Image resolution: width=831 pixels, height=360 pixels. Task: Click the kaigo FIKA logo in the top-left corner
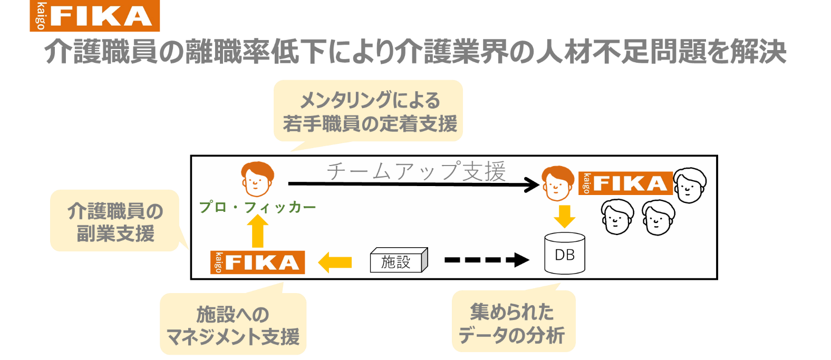[95, 16]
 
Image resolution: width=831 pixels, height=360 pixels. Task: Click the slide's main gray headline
[415, 52]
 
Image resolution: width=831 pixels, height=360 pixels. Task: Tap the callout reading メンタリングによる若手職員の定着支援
[369, 111]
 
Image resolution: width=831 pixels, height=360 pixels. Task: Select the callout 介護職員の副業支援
[115, 221]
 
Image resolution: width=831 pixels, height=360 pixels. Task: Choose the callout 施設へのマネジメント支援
[233, 324]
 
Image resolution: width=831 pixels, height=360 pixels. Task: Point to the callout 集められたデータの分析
[513, 322]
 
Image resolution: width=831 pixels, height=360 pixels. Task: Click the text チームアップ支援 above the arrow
[415, 171]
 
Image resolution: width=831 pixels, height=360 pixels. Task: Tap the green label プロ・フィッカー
[258, 208]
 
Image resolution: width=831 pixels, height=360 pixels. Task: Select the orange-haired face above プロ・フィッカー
[257, 179]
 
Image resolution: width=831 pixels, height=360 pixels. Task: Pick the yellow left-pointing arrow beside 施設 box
[335, 261]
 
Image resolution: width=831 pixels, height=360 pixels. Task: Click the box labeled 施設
[398, 261]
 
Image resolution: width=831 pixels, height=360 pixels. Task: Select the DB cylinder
[564, 254]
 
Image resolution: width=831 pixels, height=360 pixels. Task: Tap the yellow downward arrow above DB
[564, 216]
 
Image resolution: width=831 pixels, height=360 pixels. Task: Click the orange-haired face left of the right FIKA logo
[557, 183]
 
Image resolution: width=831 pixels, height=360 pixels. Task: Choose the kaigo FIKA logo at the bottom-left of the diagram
[257, 262]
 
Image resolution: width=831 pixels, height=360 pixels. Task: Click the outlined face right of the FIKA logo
[690, 184]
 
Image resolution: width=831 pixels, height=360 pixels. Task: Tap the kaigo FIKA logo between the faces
[625, 183]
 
